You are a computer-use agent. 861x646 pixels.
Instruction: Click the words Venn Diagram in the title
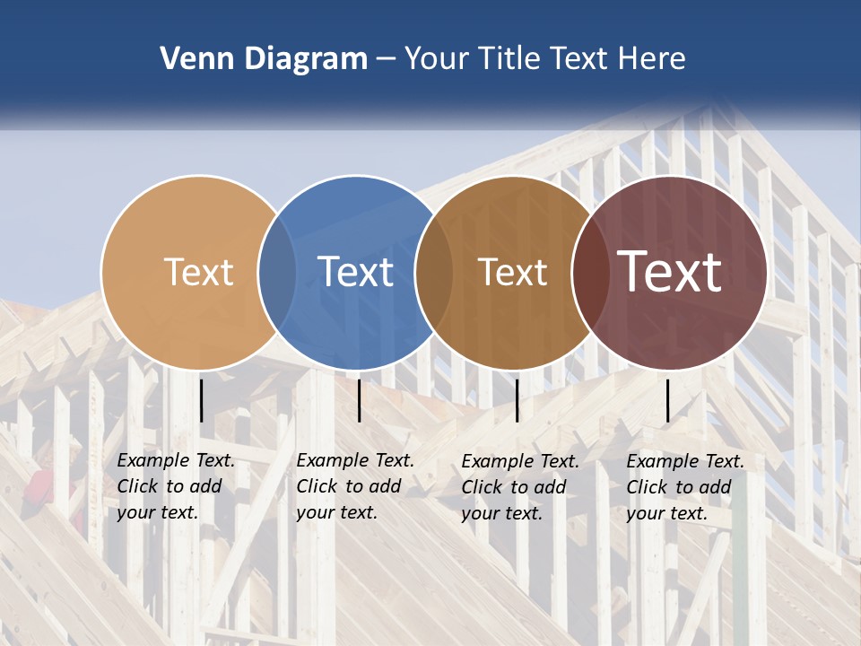[x=264, y=59]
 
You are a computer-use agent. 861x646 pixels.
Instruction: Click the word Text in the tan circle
[x=198, y=272]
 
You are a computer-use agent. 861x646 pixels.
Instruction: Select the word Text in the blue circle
[x=355, y=272]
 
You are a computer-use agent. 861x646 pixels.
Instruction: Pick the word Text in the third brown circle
[x=512, y=272]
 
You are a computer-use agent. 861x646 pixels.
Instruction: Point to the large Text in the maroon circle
[x=669, y=272]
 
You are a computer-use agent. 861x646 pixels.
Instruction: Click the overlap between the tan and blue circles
[x=277, y=272]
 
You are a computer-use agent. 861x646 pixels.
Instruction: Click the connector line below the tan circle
[x=202, y=400]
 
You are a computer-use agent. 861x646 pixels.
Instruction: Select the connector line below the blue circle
[x=359, y=400]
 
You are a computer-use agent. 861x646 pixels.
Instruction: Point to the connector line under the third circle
[x=517, y=400]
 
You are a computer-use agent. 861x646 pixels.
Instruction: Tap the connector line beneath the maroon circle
[x=667, y=400]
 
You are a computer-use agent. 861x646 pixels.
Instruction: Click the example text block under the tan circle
[x=176, y=486]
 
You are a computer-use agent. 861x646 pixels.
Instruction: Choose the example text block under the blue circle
[x=355, y=486]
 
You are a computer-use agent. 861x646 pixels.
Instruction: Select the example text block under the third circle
[x=520, y=487]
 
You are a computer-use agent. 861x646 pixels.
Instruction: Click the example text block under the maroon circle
[x=685, y=487]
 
